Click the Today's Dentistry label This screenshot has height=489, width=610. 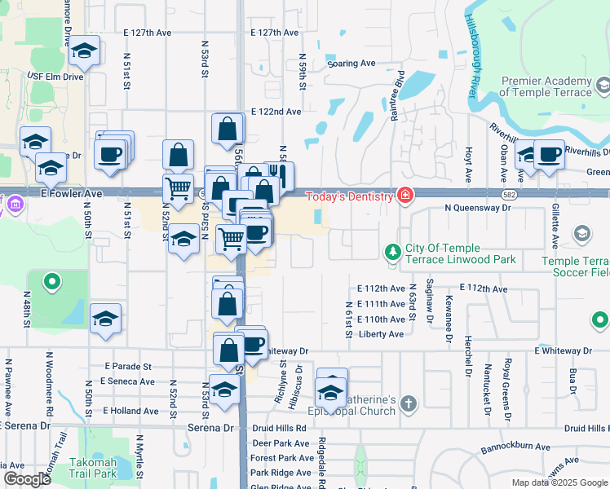[350, 196]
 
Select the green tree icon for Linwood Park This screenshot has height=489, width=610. [392, 250]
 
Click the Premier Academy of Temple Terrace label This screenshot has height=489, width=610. [545, 86]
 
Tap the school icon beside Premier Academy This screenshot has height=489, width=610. [603, 85]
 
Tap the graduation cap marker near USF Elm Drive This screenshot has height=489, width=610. [84, 52]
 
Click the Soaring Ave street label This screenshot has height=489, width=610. [351, 64]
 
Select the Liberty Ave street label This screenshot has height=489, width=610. [381, 334]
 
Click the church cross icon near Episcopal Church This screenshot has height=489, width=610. [408, 403]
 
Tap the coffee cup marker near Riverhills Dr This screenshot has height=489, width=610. [549, 153]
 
